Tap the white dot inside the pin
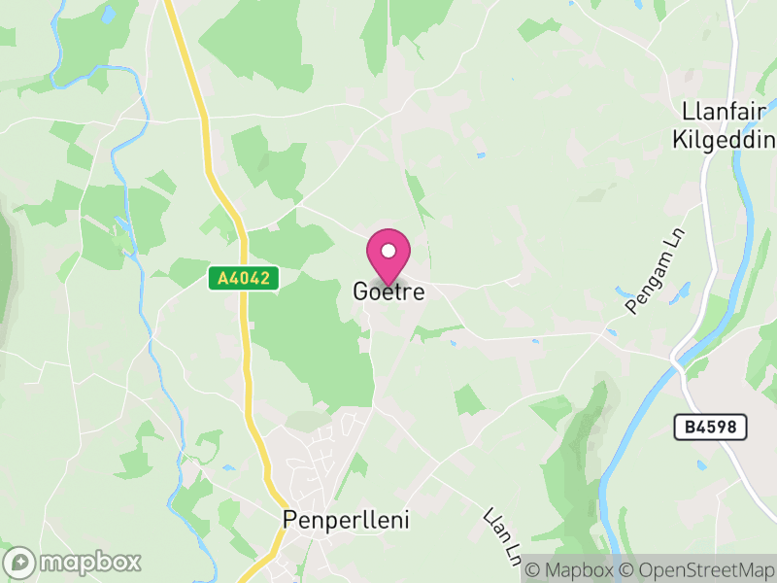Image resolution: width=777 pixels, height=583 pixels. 388,252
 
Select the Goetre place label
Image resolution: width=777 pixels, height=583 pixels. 388,291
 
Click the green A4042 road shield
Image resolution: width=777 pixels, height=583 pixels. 244,279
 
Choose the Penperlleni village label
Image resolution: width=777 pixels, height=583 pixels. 346,520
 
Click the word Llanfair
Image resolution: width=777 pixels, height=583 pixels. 724,111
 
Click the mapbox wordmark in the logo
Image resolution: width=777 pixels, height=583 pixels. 89,562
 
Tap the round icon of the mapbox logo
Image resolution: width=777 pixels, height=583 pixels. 20,563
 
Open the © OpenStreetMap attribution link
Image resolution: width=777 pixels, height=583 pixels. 698,569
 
